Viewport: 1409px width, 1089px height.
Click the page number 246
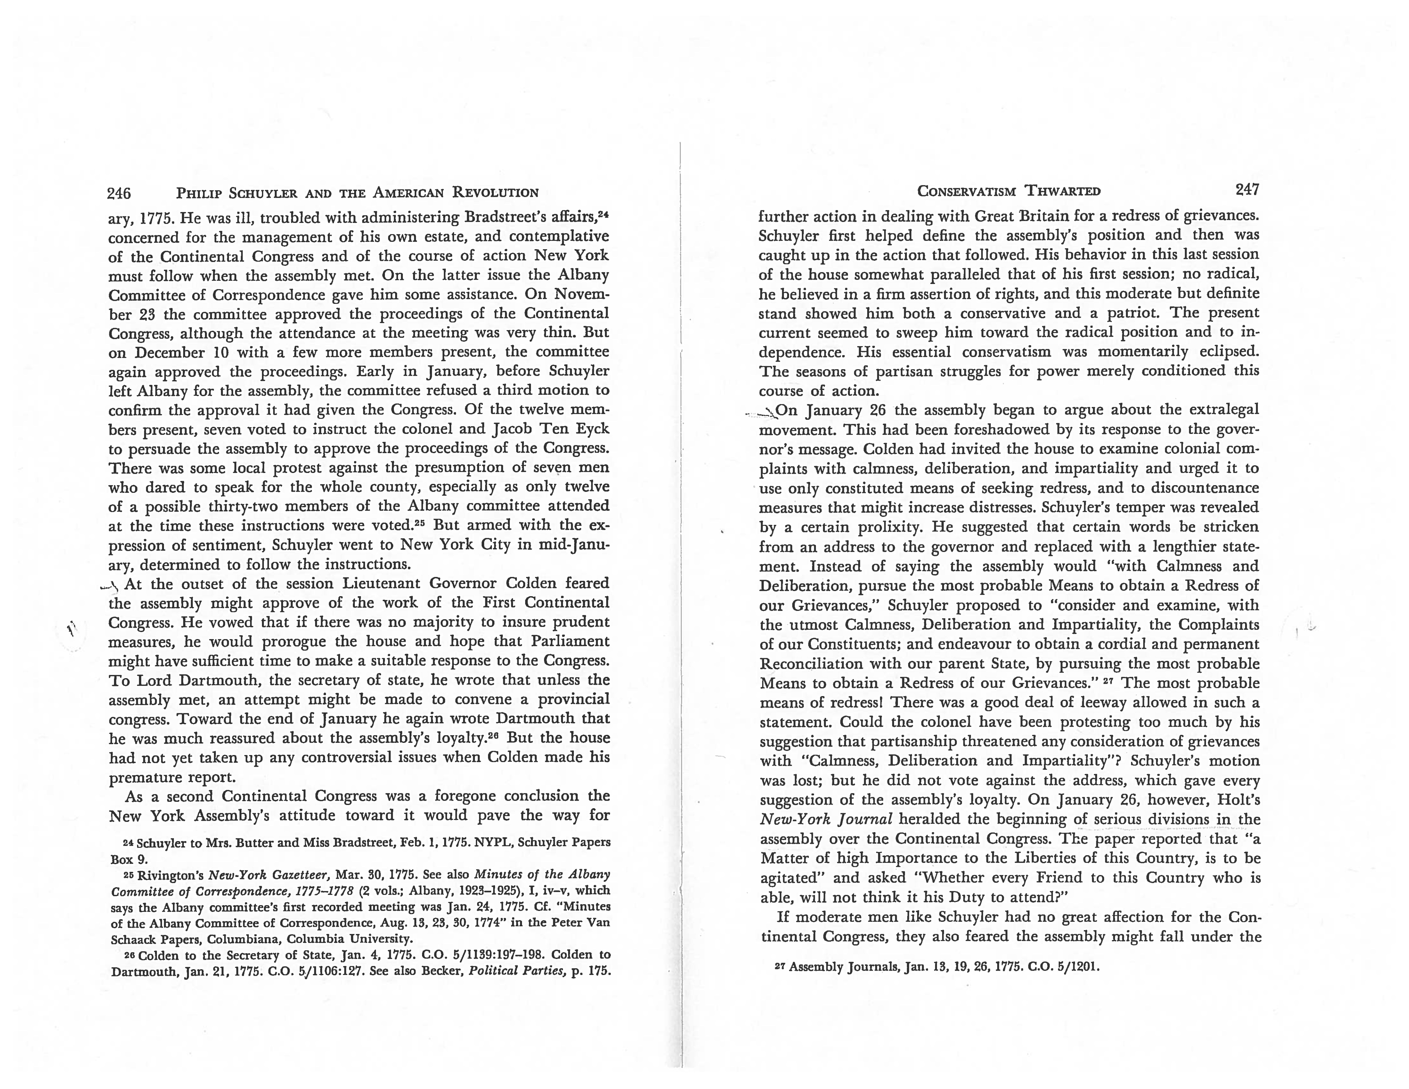click(119, 193)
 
